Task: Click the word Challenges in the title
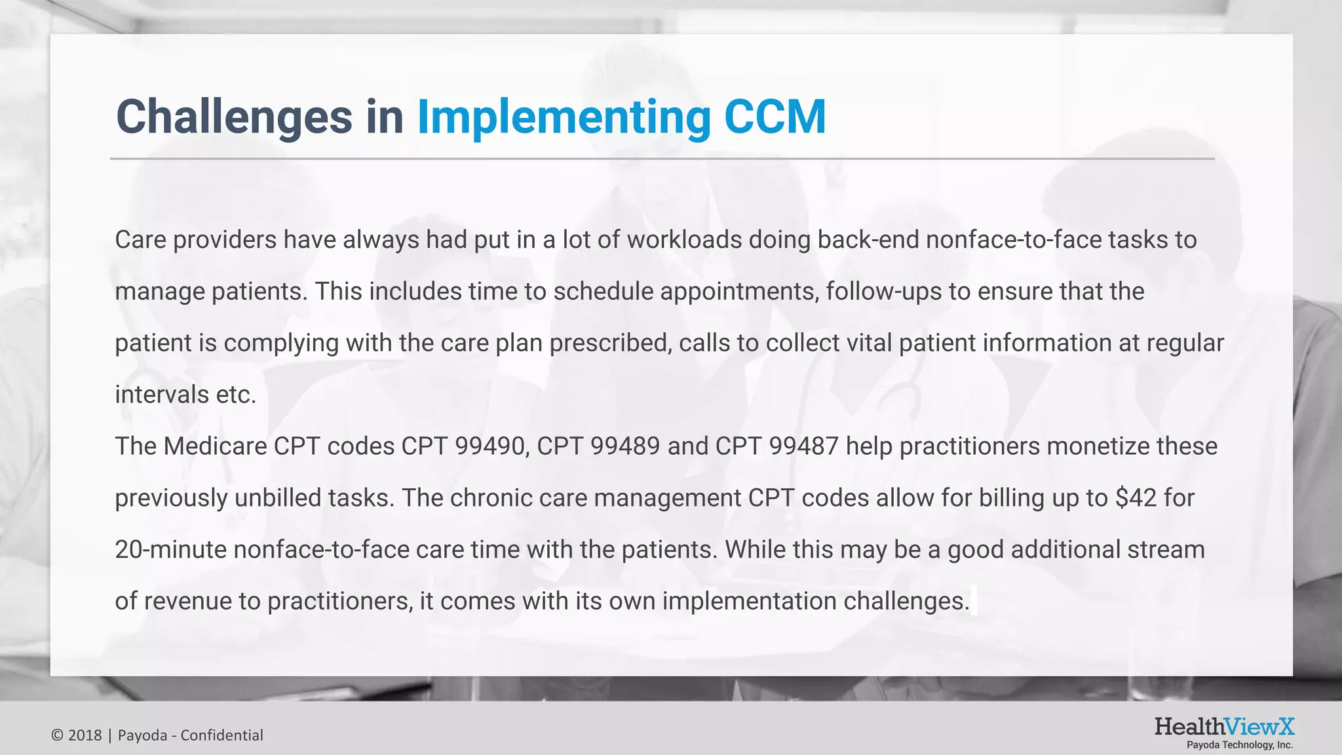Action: coord(234,117)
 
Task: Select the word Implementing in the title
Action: coord(564,117)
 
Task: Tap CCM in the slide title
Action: coord(775,117)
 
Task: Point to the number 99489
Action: coord(625,446)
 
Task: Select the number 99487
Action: coord(803,446)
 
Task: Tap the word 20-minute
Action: coord(171,550)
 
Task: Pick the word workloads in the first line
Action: coord(684,240)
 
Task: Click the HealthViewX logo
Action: coord(1224,727)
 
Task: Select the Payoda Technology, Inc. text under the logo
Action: coord(1240,745)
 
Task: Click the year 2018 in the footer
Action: coord(85,735)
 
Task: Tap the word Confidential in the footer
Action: coord(221,735)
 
